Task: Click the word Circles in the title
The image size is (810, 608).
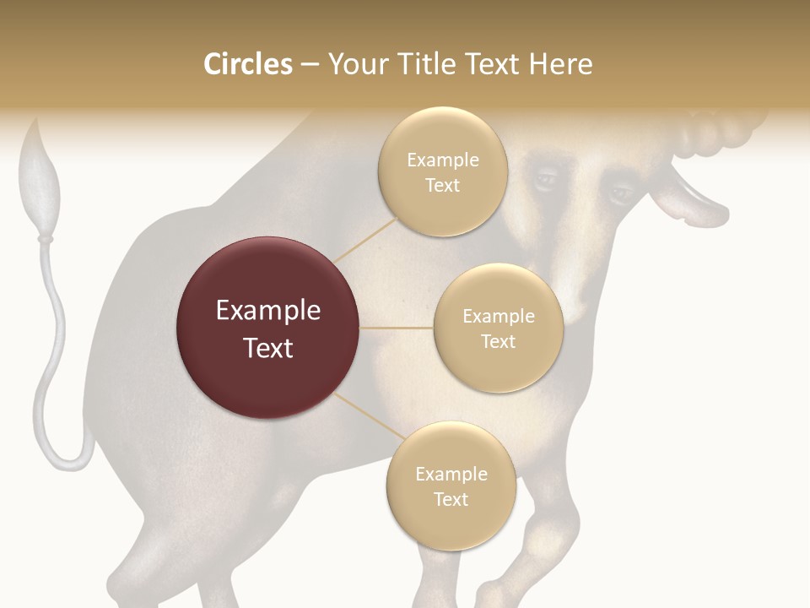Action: click(248, 64)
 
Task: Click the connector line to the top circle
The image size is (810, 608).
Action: click(366, 240)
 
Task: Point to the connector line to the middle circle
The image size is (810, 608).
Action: click(397, 328)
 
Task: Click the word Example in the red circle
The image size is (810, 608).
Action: click(268, 311)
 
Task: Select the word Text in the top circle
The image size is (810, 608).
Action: click(442, 186)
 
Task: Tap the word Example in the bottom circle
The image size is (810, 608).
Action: click(451, 475)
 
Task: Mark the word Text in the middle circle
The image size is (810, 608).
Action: click(498, 342)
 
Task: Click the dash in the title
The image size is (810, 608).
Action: click(309, 64)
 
